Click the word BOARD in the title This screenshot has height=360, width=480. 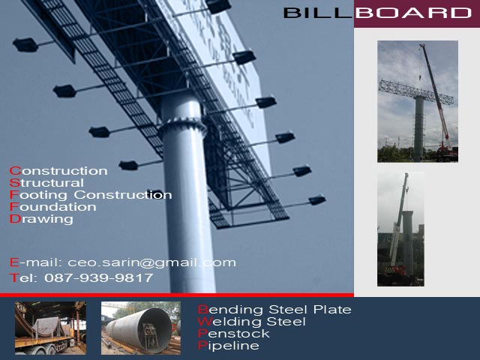point(413,13)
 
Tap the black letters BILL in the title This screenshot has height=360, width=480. point(318,13)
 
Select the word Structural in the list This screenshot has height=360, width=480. point(46,183)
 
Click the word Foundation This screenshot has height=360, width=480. point(53,207)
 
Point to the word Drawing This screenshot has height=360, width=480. point(41,220)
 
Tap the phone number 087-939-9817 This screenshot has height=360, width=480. point(99,277)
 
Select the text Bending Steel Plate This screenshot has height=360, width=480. point(274,310)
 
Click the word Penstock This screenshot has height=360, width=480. point(234,333)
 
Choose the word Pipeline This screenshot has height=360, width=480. point(228,346)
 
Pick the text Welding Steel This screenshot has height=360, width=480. point(252,322)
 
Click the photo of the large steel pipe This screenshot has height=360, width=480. point(141,328)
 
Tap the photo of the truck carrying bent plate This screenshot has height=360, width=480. point(50,328)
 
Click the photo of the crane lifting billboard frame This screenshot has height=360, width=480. point(418,101)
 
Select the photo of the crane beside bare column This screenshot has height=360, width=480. point(400,229)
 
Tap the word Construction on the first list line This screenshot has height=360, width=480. point(58,171)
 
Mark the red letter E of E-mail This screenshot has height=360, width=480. point(14,262)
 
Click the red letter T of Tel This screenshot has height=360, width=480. point(13,277)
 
